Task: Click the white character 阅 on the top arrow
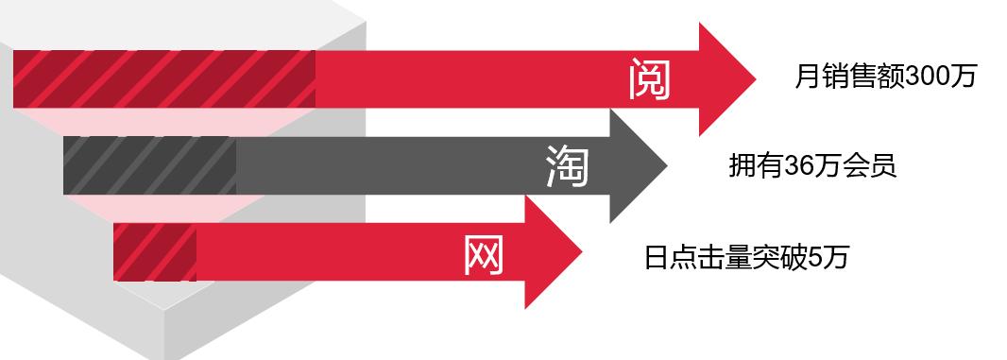coord(650,79)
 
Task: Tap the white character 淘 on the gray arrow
coord(568,166)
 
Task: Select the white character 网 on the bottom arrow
coord(485,252)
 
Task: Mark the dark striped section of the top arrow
coord(164,78)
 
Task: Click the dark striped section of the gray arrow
coord(149,166)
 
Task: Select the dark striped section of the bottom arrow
coord(155,252)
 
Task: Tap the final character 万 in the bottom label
coord(836,257)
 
